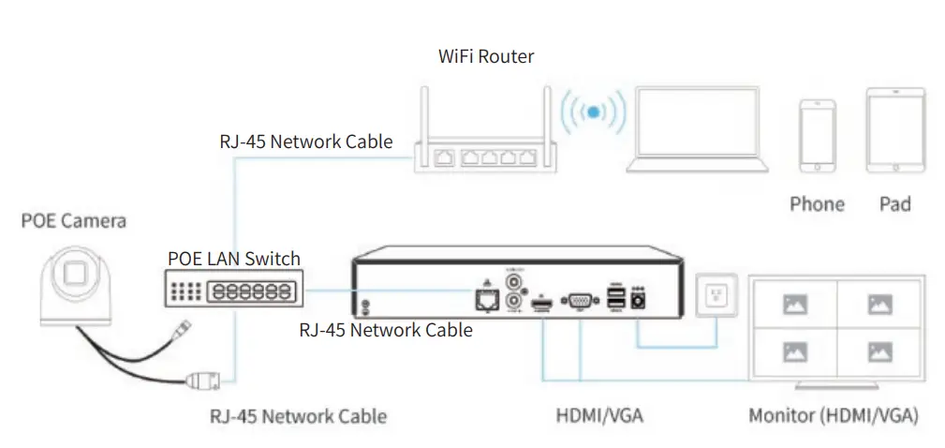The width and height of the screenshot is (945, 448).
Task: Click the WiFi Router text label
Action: tap(486, 56)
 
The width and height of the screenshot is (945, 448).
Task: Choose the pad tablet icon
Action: tap(895, 130)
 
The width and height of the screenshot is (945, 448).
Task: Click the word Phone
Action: tap(817, 203)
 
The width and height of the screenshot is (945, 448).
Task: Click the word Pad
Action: tap(895, 203)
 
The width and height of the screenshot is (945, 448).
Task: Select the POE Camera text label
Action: tap(73, 222)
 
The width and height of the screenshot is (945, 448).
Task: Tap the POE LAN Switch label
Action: tap(234, 259)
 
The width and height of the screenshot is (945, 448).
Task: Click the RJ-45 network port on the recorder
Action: tap(486, 299)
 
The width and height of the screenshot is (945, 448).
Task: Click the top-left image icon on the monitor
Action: tap(794, 305)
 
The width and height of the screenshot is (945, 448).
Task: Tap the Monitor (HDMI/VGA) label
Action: tap(833, 414)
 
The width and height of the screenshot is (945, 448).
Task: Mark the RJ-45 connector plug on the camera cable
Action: tap(203, 381)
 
